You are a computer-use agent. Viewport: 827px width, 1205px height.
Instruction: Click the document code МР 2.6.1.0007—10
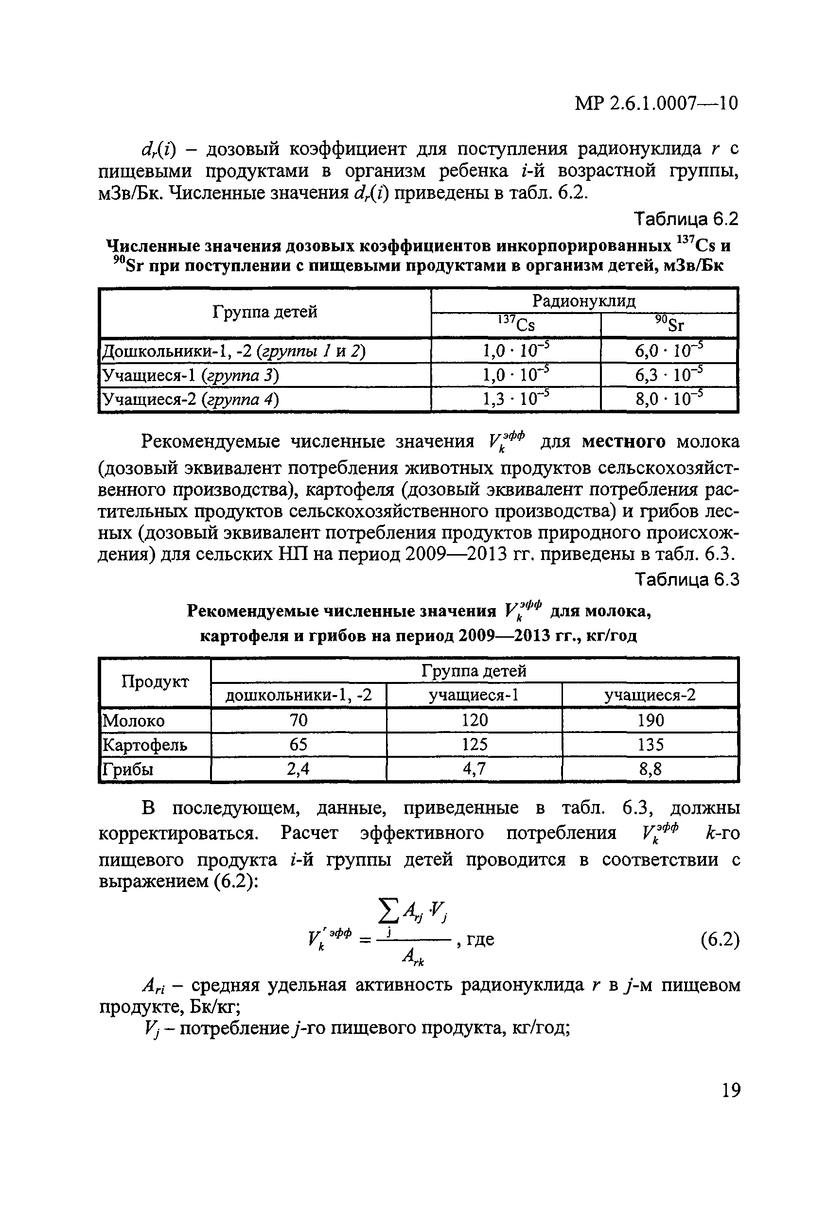coord(656,104)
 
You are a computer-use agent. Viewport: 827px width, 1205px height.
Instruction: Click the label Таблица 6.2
coord(686,219)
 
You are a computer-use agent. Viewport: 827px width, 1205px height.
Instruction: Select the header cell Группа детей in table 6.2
coord(265,312)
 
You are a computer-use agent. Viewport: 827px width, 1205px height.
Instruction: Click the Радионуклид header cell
coord(584,301)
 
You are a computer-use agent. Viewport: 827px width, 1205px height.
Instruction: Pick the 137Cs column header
coord(516,325)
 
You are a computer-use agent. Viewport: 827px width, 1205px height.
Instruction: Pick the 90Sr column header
coord(669,325)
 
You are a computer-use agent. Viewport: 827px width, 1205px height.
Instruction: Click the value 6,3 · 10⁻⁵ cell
coord(669,374)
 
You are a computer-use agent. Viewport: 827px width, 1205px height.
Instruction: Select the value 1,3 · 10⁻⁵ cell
coord(516,398)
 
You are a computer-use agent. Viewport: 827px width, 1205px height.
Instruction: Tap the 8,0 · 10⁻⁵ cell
coord(669,398)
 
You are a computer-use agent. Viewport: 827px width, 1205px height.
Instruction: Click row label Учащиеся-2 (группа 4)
coord(190,399)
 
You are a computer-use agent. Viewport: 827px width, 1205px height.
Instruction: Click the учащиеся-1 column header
coord(474,695)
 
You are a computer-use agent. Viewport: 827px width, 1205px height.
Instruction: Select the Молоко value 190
coord(650,720)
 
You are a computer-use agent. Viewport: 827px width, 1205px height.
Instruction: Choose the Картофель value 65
coord(298,745)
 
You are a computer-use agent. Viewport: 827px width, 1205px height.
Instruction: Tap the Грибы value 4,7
coord(474,769)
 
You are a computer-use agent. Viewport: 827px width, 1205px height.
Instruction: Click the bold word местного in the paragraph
coord(624,442)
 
